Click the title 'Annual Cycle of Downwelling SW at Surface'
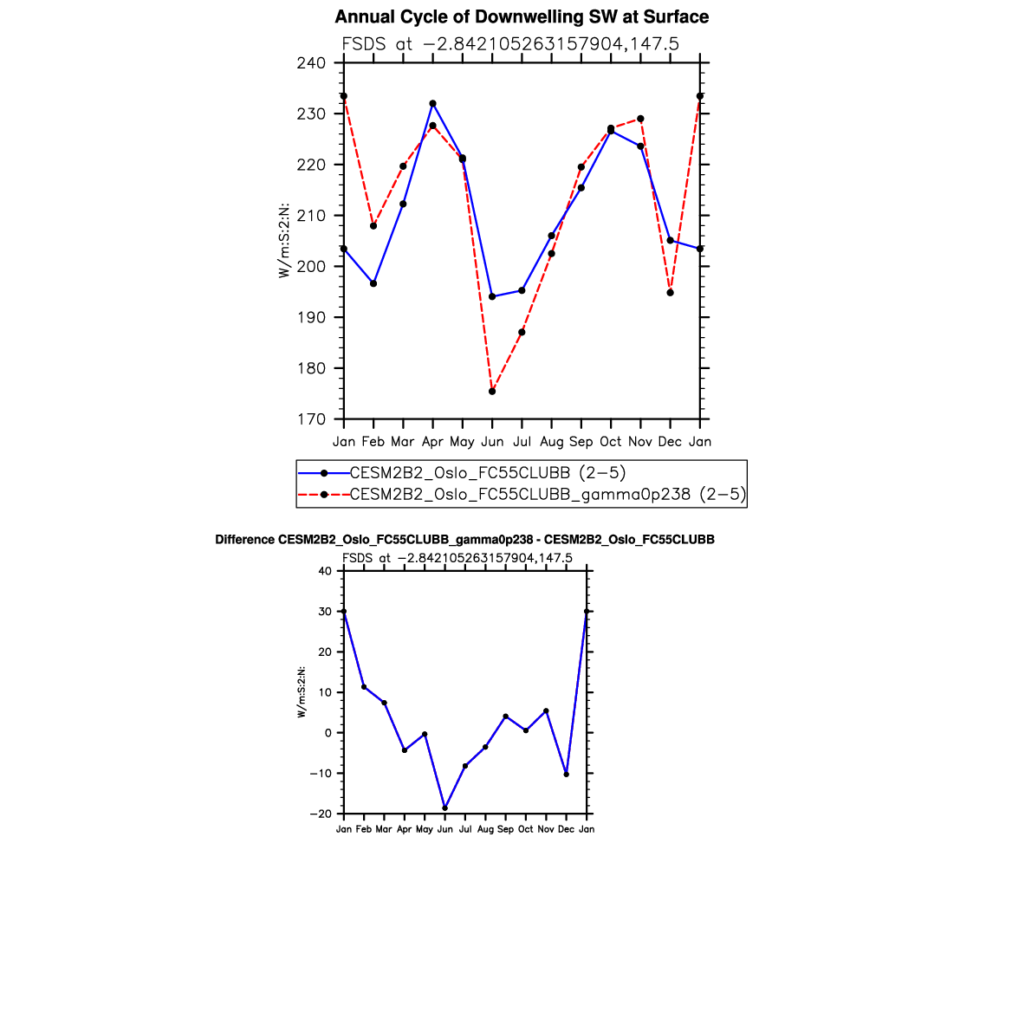point(522,17)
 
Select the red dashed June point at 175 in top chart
point(492,392)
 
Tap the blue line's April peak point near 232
point(432,104)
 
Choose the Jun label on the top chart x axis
point(492,442)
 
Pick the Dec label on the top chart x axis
point(670,442)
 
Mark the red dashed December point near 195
point(670,293)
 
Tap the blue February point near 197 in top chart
point(373,283)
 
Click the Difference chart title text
point(464,540)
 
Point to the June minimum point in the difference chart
point(445,808)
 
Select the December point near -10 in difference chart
point(567,775)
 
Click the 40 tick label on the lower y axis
point(325,571)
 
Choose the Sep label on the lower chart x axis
point(505,829)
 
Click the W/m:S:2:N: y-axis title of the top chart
point(283,241)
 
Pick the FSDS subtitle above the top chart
point(509,43)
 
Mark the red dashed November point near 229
point(640,119)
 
